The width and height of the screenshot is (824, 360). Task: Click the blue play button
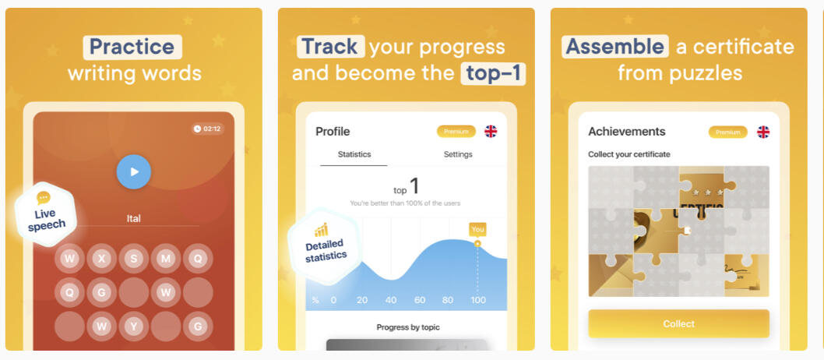tap(133, 172)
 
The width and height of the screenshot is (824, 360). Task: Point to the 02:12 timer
tap(207, 129)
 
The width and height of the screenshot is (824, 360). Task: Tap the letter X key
tap(102, 259)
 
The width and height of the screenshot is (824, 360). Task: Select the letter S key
tap(134, 259)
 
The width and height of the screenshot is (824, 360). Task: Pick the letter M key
tap(166, 259)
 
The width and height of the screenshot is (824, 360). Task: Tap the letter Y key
tap(134, 326)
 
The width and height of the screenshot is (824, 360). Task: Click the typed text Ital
tap(133, 218)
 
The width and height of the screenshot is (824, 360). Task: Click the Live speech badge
tap(46, 214)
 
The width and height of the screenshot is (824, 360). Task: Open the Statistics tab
tap(354, 154)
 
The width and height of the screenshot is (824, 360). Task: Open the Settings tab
tap(458, 154)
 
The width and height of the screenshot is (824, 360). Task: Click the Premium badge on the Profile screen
tap(456, 132)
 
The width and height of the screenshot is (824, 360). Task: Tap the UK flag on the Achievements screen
tap(763, 132)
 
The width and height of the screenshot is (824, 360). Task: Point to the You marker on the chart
tap(477, 230)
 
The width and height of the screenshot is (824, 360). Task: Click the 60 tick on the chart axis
tap(419, 300)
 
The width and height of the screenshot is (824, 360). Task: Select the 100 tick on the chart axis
tap(477, 300)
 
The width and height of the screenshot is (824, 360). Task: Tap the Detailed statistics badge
tap(324, 245)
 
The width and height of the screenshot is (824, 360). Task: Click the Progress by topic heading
tap(408, 327)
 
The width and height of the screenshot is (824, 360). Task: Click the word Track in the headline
tap(330, 47)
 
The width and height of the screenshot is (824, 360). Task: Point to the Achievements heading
tap(626, 132)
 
